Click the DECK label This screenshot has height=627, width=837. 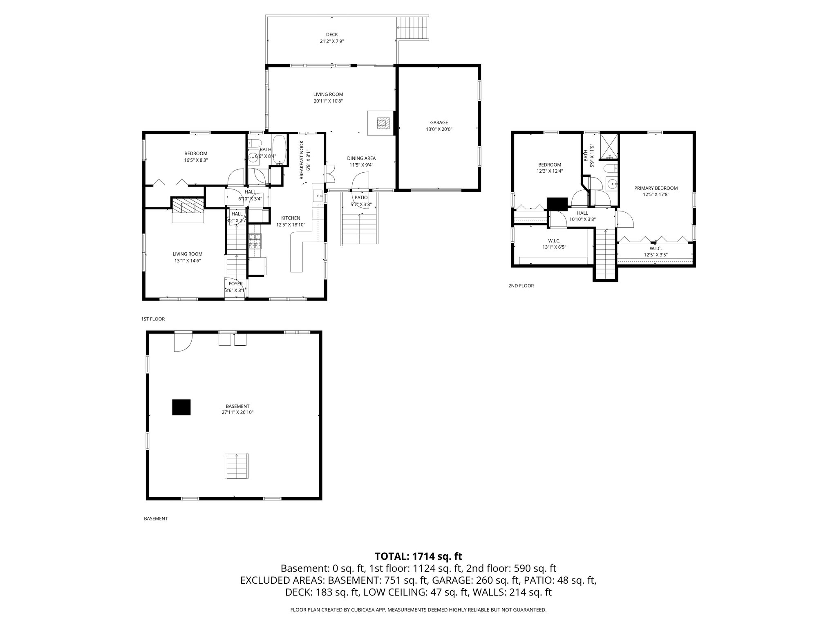pyautogui.click(x=332, y=35)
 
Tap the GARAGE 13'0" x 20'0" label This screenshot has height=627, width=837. pyautogui.click(x=439, y=126)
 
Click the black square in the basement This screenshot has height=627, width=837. pyautogui.click(x=181, y=407)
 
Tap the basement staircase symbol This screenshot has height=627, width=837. pyautogui.click(x=237, y=466)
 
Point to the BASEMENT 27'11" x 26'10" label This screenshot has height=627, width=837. pyautogui.click(x=237, y=409)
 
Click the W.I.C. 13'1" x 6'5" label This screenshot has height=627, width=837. pyautogui.click(x=554, y=244)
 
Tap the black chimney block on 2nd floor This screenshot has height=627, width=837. pyautogui.click(x=557, y=204)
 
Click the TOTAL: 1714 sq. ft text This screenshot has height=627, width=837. pyautogui.click(x=418, y=556)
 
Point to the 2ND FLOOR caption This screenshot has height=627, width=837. pyautogui.click(x=521, y=286)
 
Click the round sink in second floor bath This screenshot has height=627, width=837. pyautogui.click(x=611, y=184)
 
